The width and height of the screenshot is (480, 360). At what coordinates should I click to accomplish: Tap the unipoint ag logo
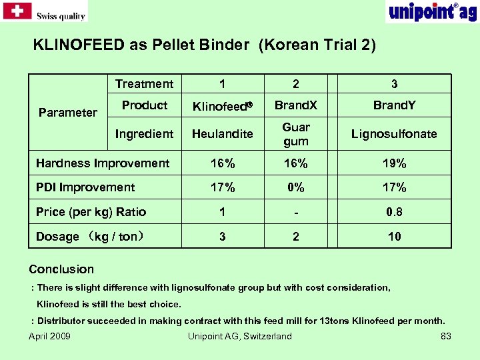pyautogui.click(x=431, y=11)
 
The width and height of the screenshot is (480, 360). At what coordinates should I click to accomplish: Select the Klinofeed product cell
pyautogui.click(x=222, y=105)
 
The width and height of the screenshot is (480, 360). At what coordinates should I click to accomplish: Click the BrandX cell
pyautogui.click(x=296, y=105)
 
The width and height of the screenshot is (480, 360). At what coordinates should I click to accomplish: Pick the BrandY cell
pyautogui.click(x=394, y=105)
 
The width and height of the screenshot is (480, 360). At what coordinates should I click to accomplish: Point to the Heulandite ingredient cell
pyautogui.click(x=222, y=134)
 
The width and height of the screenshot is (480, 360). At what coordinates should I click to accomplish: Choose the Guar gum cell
pyautogui.click(x=296, y=134)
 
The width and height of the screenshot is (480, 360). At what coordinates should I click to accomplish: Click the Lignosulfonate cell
pyautogui.click(x=394, y=134)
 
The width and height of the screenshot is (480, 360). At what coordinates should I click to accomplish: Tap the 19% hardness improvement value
pyautogui.click(x=394, y=163)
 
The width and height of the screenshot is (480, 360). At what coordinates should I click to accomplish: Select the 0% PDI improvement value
pyautogui.click(x=296, y=188)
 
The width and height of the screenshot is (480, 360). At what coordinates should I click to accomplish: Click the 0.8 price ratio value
pyautogui.click(x=394, y=212)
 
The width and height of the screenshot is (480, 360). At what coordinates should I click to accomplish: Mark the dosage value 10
pyautogui.click(x=394, y=237)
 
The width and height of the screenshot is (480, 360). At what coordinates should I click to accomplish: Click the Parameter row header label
pyautogui.click(x=68, y=113)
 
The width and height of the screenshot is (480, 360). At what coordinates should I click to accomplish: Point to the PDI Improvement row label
pyautogui.click(x=85, y=188)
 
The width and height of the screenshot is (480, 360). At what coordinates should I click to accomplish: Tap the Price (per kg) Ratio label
pyautogui.click(x=91, y=212)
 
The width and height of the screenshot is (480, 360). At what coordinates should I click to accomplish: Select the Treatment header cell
pyautogui.click(x=144, y=84)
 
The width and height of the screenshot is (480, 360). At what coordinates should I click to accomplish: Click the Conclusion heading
pyautogui.click(x=61, y=269)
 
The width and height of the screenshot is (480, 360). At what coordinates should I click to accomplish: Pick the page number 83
pyautogui.click(x=446, y=336)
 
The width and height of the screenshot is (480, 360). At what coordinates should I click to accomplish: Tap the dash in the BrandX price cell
pyautogui.click(x=296, y=213)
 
